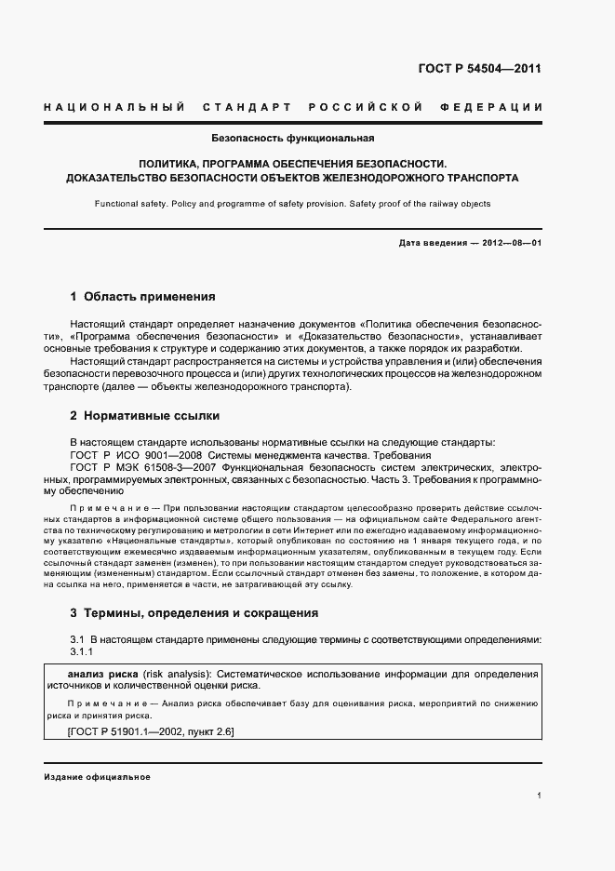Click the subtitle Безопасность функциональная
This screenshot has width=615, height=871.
pyautogui.click(x=292, y=139)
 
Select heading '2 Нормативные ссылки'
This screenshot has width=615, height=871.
pyautogui.click(x=144, y=415)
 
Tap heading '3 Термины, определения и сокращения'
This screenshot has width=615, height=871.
pyautogui.click(x=194, y=613)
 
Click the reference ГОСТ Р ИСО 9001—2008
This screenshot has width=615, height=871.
pyautogui.click(x=136, y=454)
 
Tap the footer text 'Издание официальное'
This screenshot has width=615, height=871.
pyautogui.click(x=97, y=776)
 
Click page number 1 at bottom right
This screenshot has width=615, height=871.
pyautogui.click(x=540, y=796)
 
